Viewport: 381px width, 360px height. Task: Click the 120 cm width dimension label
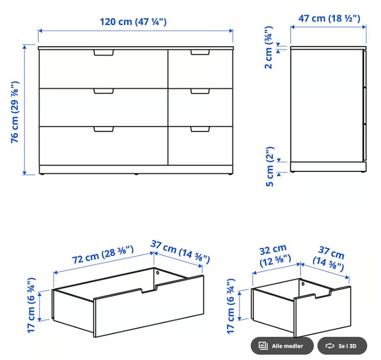[x=133, y=22]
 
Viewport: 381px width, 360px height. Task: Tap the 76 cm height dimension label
[x=15, y=112]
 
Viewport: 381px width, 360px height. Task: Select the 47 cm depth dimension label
[x=329, y=18]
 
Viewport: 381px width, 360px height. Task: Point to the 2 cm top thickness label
[x=269, y=48]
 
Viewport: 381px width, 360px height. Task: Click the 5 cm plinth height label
[x=270, y=166]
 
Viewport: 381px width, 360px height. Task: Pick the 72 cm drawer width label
[x=103, y=255]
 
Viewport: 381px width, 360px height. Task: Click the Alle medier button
[x=282, y=346]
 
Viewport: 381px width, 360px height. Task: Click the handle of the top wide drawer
[x=104, y=53]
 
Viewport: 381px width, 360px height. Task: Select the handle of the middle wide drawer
[x=104, y=91]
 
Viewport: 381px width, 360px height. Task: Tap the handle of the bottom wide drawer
[x=104, y=129]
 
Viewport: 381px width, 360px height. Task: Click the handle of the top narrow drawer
[x=200, y=53]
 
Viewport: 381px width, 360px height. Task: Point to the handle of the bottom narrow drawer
[x=200, y=129]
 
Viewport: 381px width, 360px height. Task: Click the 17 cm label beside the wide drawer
[x=32, y=305]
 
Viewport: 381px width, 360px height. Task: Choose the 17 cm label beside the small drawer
[x=231, y=306]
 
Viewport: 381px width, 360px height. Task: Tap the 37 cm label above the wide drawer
[x=180, y=252]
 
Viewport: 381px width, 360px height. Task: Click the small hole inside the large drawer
[x=157, y=273]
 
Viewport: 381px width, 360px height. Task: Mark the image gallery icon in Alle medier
[x=263, y=345]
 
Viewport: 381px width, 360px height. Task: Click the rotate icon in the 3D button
[x=330, y=346]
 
